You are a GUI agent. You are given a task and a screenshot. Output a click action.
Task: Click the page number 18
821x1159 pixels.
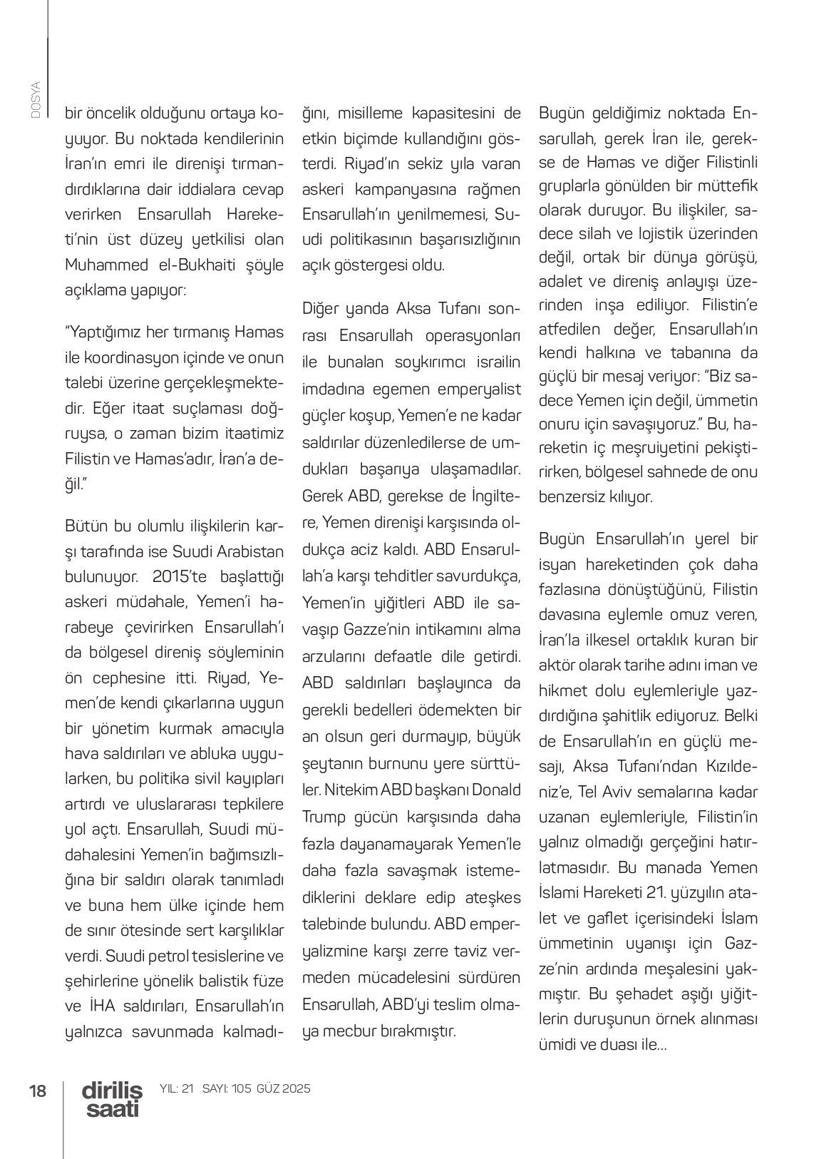coord(37,1091)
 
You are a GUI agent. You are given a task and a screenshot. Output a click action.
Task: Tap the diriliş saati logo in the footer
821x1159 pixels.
coord(112,1099)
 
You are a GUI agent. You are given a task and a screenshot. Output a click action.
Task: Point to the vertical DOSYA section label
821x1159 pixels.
coord(35,100)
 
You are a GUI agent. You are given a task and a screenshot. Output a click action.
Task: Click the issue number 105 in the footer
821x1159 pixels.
coord(242,1089)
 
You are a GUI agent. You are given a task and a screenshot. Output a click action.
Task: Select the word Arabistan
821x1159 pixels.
coord(249,551)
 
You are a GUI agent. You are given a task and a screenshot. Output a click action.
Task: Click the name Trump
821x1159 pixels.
coord(324,817)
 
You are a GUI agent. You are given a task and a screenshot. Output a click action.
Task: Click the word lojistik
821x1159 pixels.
coord(663,234)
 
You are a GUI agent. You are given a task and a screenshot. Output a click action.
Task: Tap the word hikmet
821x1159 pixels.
coord(564,692)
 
